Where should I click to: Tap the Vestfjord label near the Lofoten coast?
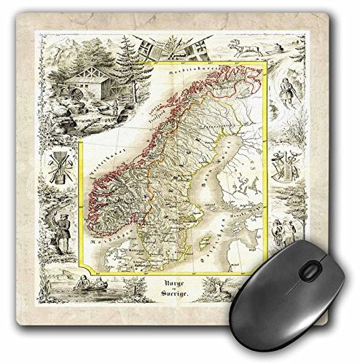157,114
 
